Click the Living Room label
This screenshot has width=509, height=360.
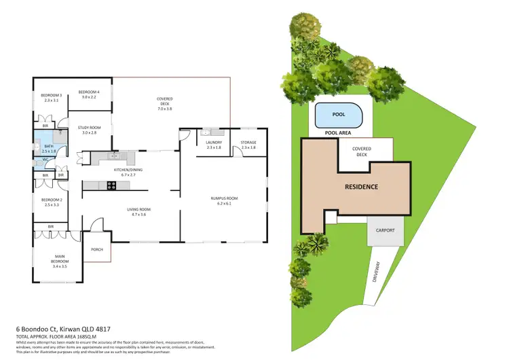[x=139, y=212]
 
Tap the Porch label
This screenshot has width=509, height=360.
[x=96, y=249]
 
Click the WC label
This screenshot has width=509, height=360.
[x=45, y=160]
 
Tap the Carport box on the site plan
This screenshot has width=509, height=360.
[x=385, y=230]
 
